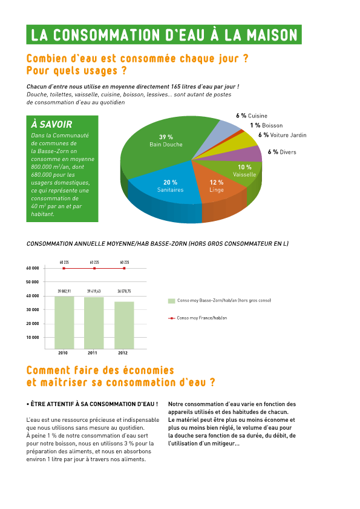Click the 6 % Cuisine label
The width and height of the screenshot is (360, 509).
(251, 116)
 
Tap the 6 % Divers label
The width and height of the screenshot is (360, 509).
(282, 152)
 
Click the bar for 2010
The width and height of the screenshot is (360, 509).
(64, 321)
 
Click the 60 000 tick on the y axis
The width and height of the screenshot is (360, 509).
(33, 268)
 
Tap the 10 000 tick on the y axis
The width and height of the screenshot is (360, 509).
(33, 337)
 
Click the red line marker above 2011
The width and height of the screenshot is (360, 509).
(94, 268)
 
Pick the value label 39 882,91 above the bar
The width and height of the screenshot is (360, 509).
(64, 292)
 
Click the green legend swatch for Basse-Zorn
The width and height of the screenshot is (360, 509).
(171, 301)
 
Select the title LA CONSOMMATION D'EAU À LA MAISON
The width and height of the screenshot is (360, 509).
(164, 34)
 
